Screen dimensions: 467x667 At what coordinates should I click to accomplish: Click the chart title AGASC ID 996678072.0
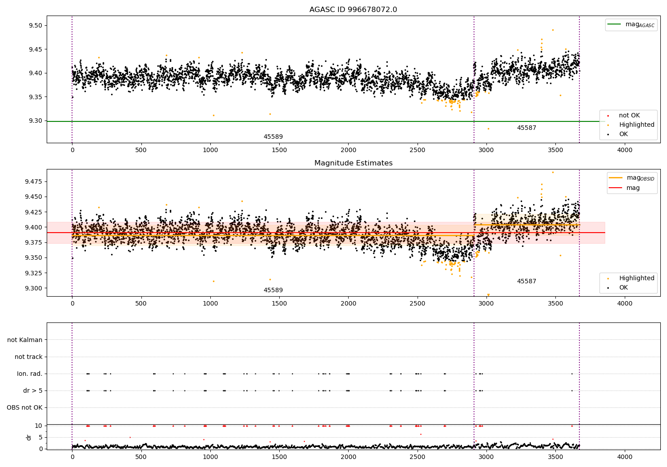(x=353, y=10)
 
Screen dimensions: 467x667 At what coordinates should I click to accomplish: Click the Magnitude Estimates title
(x=353, y=163)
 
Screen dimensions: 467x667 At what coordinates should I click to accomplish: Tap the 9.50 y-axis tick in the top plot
(x=36, y=25)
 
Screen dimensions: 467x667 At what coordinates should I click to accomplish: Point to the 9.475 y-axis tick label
(x=33, y=181)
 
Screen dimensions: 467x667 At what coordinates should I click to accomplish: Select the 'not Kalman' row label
(x=25, y=340)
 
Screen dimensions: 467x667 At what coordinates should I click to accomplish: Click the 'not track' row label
(x=28, y=357)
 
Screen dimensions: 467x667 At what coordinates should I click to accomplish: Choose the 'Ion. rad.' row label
(x=30, y=374)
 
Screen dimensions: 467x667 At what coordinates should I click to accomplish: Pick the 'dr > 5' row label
(x=33, y=391)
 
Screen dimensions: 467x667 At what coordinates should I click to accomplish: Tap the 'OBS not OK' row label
(x=24, y=407)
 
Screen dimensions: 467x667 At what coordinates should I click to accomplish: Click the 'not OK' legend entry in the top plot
(x=629, y=116)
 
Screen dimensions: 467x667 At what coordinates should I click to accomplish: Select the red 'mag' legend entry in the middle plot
(x=633, y=188)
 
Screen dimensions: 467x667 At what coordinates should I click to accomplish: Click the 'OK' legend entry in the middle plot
(x=623, y=288)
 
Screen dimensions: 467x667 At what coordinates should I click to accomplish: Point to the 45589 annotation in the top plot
(x=273, y=137)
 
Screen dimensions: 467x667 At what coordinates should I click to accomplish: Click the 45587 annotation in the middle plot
(x=526, y=282)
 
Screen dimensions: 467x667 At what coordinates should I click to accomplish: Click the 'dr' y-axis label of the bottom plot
(x=29, y=437)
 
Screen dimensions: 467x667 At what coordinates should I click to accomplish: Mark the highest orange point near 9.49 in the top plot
(x=553, y=30)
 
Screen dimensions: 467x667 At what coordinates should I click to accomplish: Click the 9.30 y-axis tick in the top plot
(x=36, y=121)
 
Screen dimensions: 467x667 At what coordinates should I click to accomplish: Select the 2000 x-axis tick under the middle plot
(x=348, y=303)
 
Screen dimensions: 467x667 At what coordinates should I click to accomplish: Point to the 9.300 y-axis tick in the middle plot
(x=33, y=288)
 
